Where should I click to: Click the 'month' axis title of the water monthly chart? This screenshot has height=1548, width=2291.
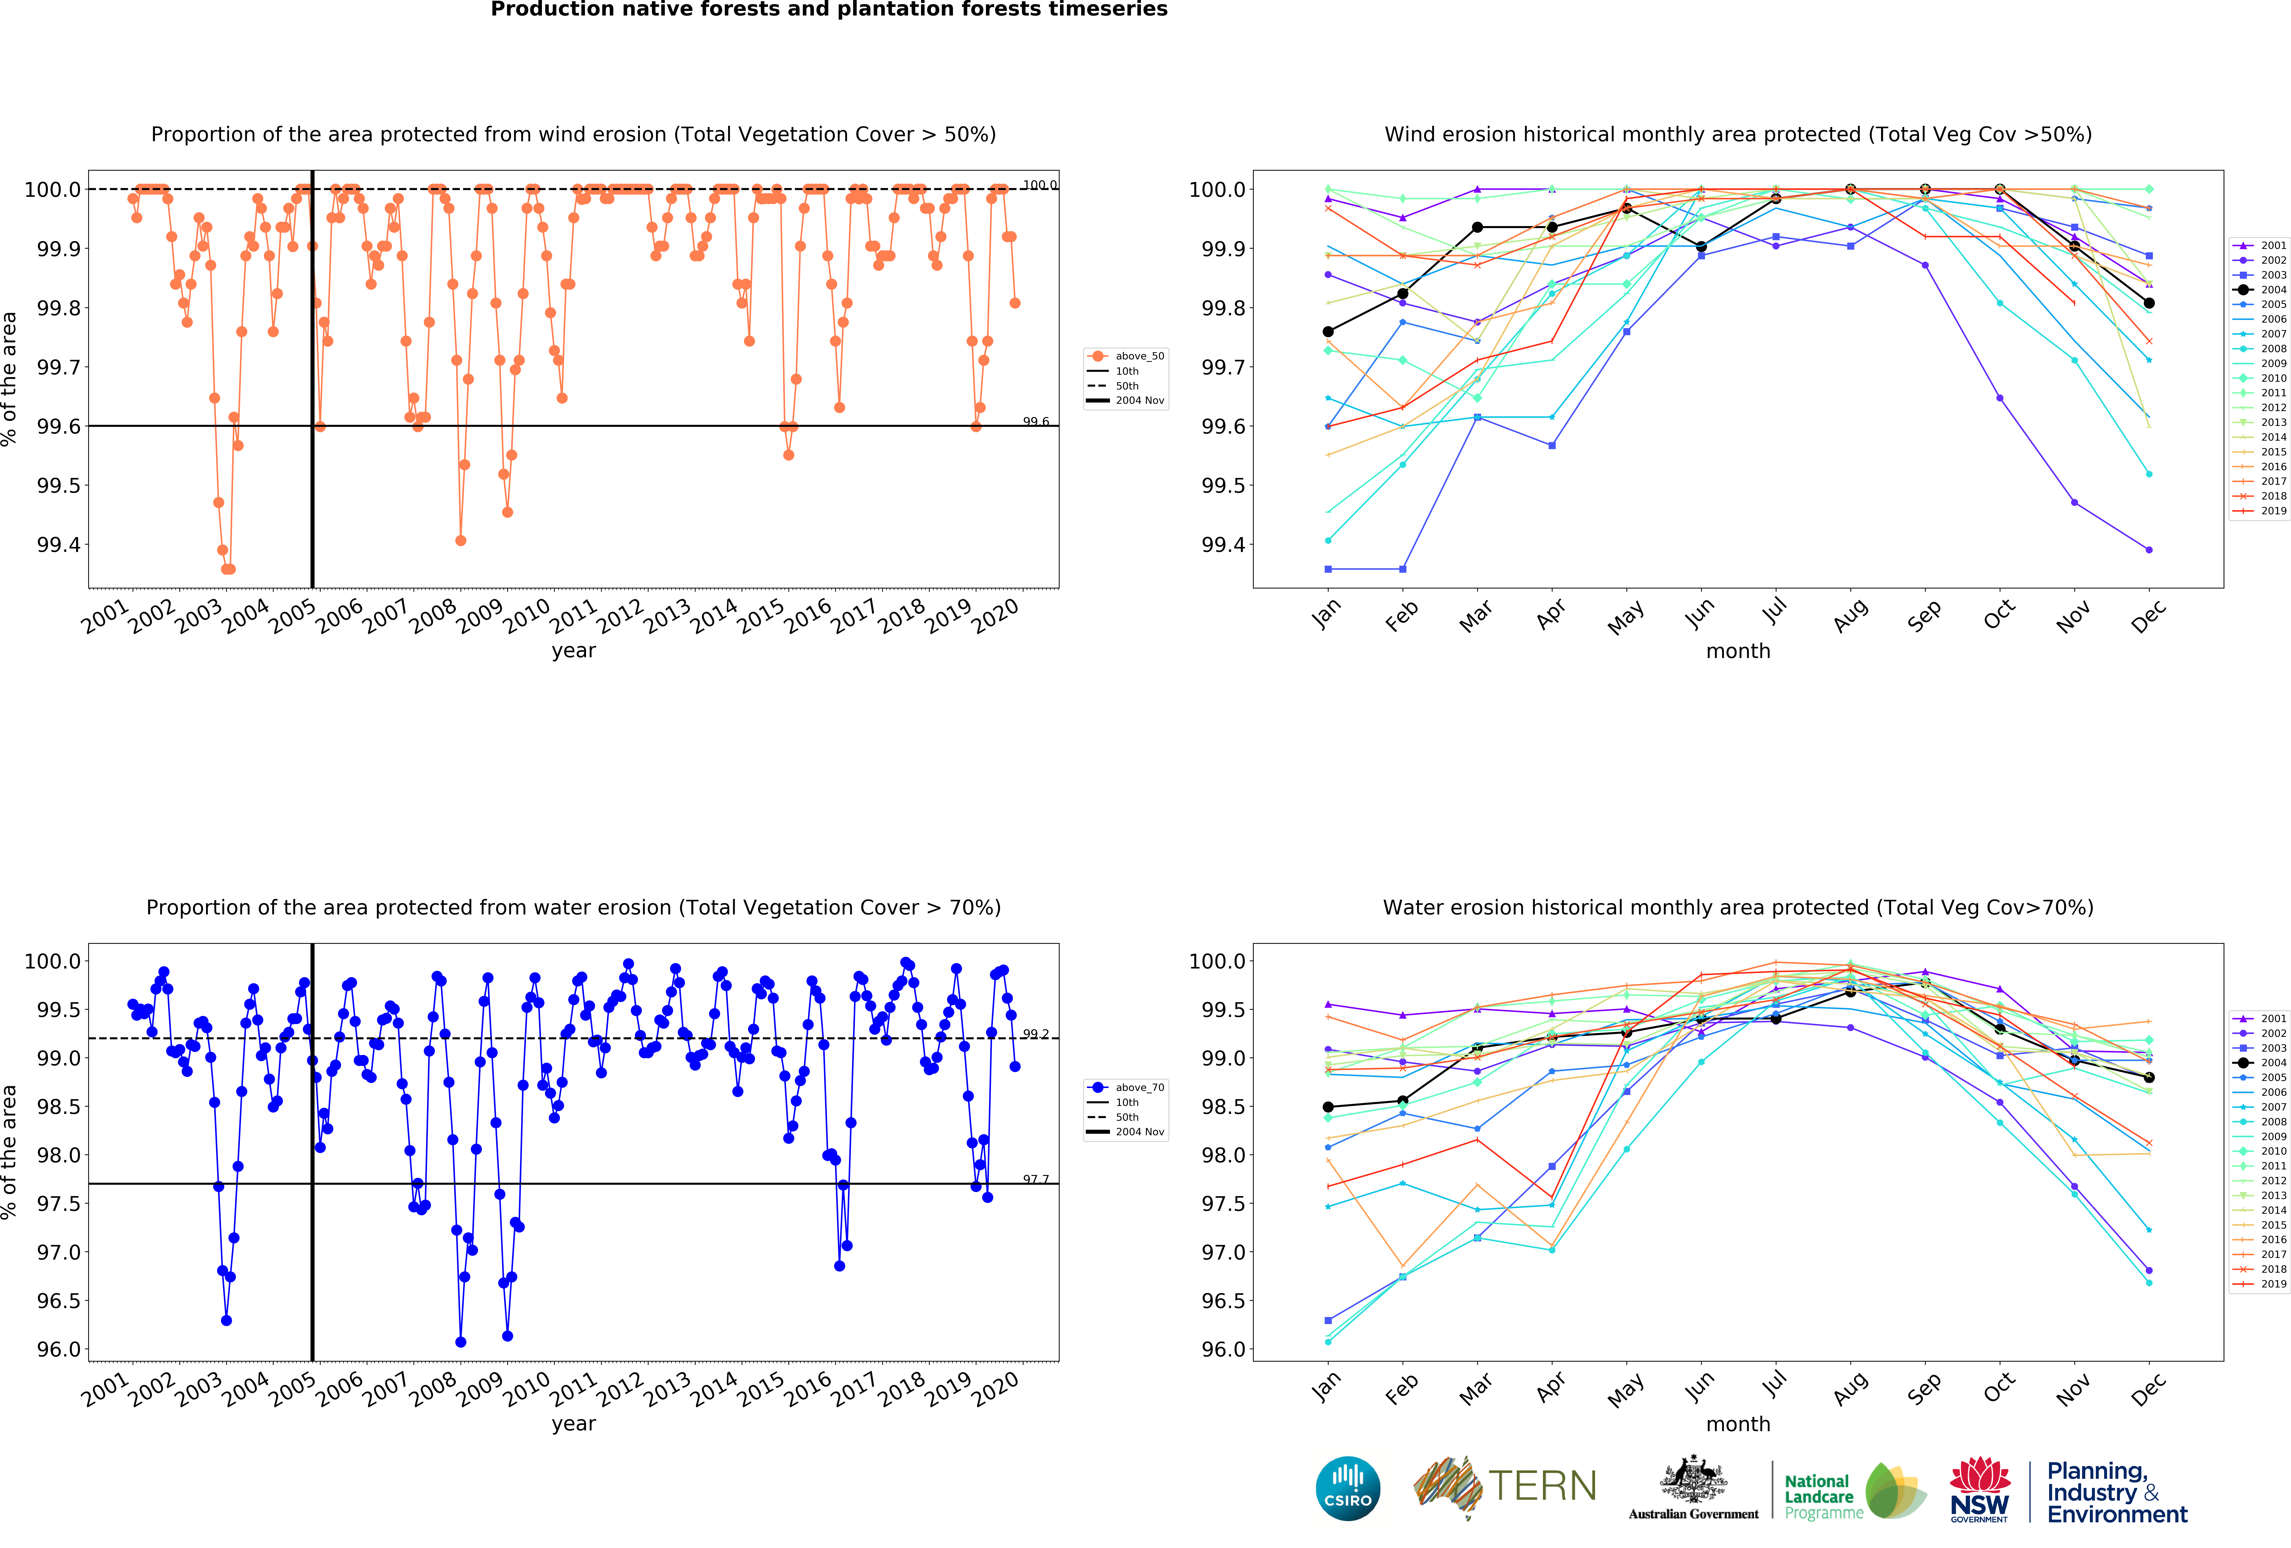point(1738,1424)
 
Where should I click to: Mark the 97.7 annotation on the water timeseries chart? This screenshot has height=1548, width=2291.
point(1035,1179)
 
